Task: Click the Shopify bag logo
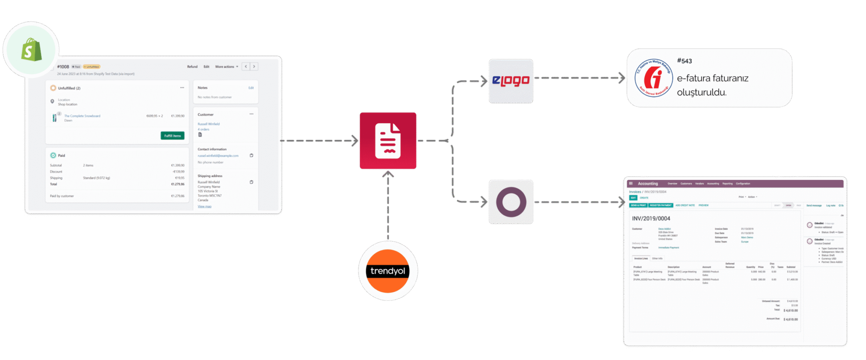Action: [x=31, y=49]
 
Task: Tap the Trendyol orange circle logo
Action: [x=388, y=271]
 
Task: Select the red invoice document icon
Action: [x=388, y=140]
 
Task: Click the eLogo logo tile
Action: [x=511, y=81]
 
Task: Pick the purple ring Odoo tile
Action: [x=511, y=202]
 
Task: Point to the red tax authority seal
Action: [x=653, y=78]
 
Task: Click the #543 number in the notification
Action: [x=684, y=61]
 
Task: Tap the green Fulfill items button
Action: [x=173, y=136]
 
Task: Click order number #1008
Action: [x=63, y=67]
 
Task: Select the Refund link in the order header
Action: [x=192, y=67]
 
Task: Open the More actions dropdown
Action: [x=226, y=67]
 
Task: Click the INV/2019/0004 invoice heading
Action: [x=651, y=219]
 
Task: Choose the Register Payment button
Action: [x=660, y=205]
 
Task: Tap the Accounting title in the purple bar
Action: [x=648, y=184]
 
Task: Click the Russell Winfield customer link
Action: [x=208, y=124]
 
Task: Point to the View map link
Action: [x=204, y=206]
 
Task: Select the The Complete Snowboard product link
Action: [x=82, y=116]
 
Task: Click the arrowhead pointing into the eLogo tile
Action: [x=484, y=81]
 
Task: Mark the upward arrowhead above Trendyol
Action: [x=388, y=173]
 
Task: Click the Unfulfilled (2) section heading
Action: [x=69, y=88]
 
